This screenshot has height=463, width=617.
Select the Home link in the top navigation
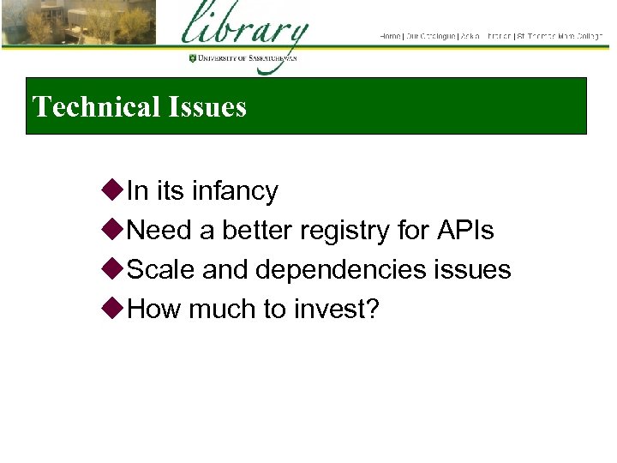[x=390, y=36]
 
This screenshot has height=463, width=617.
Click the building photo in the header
[x=78, y=22]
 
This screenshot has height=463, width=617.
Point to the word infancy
[x=235, y=191]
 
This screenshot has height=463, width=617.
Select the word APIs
[x=464, y=231]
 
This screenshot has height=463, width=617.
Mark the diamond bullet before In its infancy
[x=114, y=190]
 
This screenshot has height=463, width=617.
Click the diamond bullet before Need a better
[x=114, y=230]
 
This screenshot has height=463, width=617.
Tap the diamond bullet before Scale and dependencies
[x=114, y=269]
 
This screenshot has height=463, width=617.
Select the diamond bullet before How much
[x=114, y=309]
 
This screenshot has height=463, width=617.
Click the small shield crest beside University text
[x=192, y=58]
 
